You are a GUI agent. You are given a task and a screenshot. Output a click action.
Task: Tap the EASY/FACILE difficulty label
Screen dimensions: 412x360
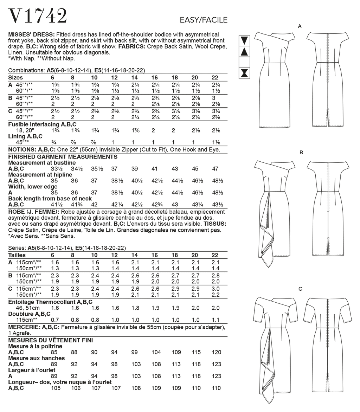point(204,20)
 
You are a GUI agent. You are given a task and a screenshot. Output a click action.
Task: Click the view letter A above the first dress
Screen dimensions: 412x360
point(300,26)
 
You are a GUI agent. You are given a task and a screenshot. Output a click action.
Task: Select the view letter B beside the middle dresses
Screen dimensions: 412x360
point(301,153)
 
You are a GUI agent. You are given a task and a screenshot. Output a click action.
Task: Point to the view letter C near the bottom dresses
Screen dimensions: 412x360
point(300,289)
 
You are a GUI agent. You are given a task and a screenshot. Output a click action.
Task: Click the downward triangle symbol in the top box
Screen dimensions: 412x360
point(244,40)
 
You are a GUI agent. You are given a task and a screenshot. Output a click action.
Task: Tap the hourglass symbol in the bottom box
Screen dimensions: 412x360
point(244,73)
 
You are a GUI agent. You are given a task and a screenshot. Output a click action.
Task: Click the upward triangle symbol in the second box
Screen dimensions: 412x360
point(244,52)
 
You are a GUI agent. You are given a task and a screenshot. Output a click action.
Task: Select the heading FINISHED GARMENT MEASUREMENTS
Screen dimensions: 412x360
point(63,157)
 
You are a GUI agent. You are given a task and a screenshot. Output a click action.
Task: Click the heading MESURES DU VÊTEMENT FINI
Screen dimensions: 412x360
point(50,340)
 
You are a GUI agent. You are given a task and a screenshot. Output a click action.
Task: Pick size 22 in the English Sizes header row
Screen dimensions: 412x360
point(215,78)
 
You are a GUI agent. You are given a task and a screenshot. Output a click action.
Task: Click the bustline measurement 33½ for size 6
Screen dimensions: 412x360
point(54,169)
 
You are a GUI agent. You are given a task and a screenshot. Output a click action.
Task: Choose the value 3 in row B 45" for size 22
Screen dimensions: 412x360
point(213,98)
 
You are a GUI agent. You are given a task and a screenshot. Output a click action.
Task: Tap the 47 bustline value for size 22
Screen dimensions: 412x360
point(215,169)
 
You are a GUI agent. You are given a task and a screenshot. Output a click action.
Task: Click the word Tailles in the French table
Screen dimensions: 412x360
point(17,255)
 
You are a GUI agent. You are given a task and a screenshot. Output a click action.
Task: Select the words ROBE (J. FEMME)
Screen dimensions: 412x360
point(33,212)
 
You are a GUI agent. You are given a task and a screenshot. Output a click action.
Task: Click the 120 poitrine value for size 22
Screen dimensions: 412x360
point(216,352)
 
